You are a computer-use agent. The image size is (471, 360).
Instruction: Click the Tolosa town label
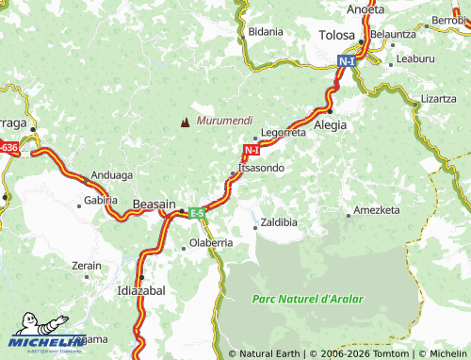(x=336, y=36)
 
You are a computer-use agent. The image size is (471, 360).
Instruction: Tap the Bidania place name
(x=266, y=31)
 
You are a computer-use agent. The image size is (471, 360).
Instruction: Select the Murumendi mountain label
(x=224, y=121)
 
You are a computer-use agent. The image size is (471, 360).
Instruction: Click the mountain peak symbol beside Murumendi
(x=185, y=122)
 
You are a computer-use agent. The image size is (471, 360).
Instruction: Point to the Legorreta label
(x=284, y=133)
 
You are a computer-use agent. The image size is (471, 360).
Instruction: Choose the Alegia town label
(x=330, y=123)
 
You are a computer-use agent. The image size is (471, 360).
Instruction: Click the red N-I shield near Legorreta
(x=251, y=150)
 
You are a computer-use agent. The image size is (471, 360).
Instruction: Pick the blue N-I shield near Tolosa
(x=347, y=61)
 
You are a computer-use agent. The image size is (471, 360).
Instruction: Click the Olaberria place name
(x=211, y=242)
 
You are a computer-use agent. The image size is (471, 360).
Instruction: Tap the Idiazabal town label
(x=140, y=290)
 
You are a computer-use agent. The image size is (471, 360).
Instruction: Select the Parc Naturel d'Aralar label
(x=307, y=299)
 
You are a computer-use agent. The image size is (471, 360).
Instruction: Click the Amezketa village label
(x=377, y=210)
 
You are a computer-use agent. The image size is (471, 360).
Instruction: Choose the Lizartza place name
(x=438, y=98)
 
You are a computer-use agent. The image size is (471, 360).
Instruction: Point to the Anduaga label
(x=112, y=174)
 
